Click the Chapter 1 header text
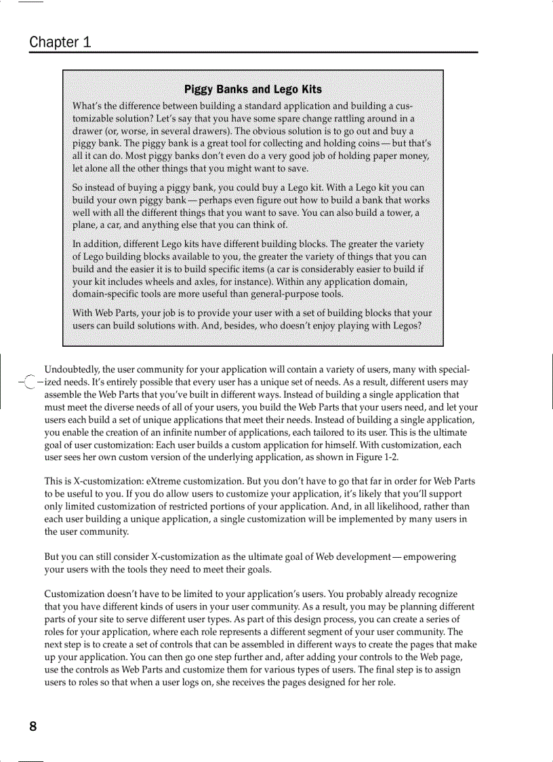60,42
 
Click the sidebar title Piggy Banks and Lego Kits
253,90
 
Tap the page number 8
33,727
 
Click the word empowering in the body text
430,557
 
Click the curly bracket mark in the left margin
28,383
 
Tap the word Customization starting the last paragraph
75,594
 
